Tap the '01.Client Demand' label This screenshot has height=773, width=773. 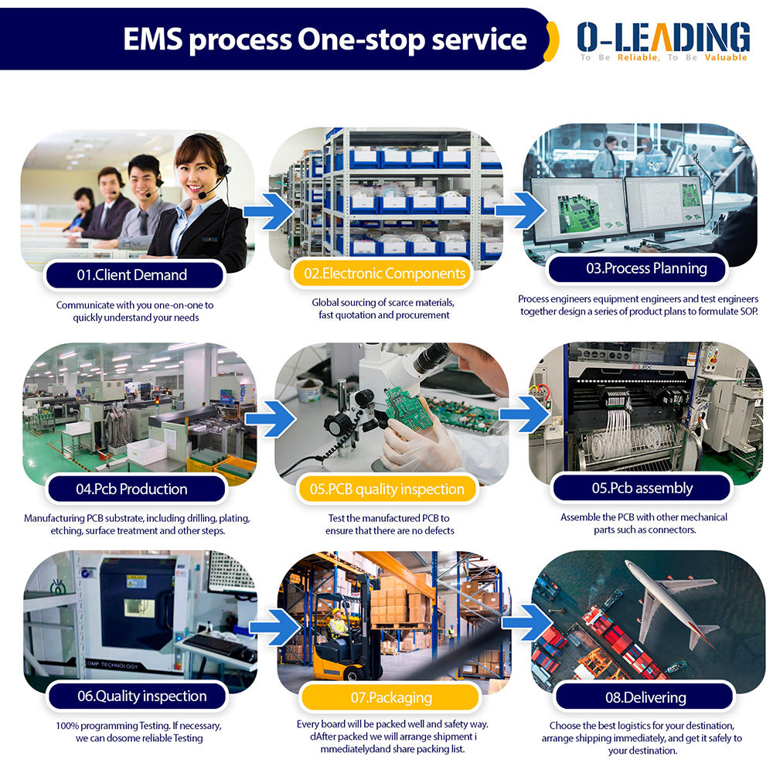pos(132,274)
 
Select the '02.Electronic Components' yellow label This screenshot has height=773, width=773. pos(384,273)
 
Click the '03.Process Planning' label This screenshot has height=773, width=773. pos(635,268)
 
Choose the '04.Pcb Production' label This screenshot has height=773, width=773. pos(132,489)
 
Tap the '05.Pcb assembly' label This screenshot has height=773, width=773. pos(642,488)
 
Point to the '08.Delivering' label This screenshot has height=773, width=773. pos(645,697)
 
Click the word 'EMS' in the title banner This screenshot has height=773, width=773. pos(152,39)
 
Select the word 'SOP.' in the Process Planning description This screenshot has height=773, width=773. pos(746,312)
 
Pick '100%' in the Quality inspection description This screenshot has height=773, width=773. pos(67,726)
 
